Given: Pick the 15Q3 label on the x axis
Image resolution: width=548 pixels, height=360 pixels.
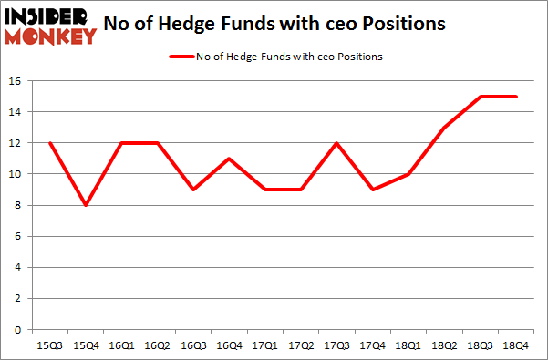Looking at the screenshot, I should point(49,345).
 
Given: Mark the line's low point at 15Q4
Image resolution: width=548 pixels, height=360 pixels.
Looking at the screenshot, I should point(86,205).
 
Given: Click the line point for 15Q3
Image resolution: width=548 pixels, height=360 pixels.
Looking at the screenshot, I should point(49,143).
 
